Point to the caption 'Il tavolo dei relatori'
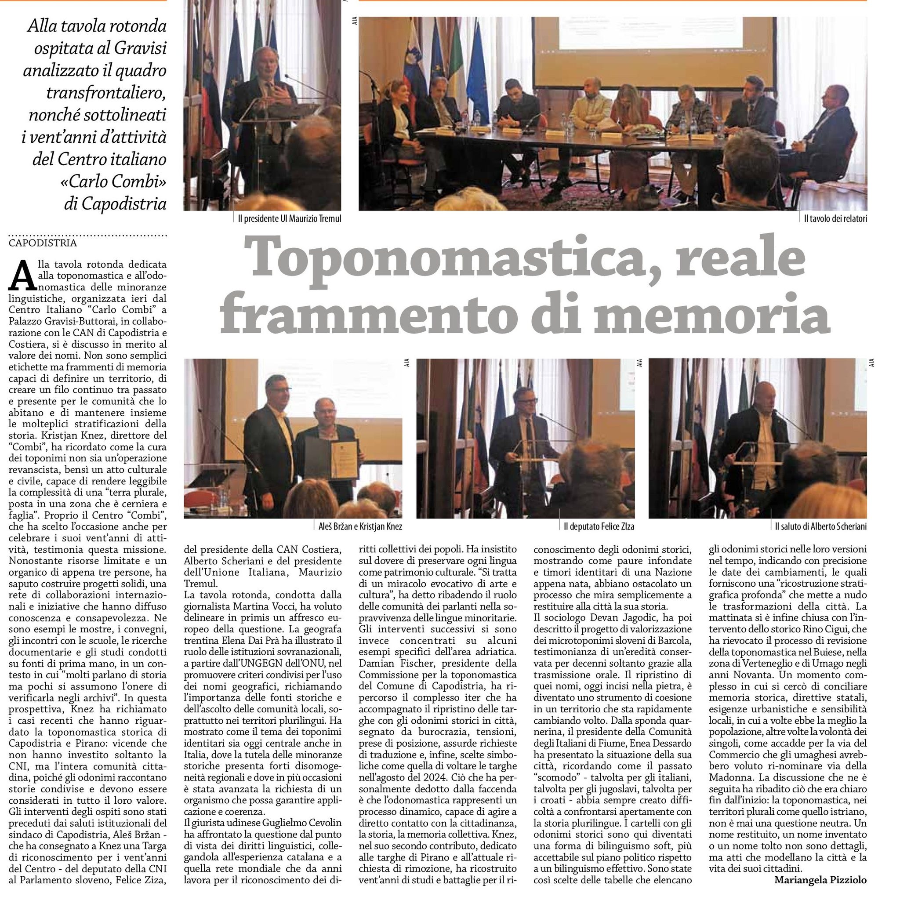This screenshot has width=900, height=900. pos(835,218)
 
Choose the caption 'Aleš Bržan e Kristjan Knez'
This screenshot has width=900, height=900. pos(357,526)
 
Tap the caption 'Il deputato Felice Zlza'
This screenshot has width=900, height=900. pos(599,526)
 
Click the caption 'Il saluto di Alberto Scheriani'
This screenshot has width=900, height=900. pos(821,526)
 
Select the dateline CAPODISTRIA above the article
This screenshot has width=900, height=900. pos(43,243)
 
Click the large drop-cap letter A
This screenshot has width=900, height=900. pos(22,276)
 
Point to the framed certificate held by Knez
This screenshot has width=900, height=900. pos(344,459)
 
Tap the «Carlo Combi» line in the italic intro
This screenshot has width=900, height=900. pos(113,181)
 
